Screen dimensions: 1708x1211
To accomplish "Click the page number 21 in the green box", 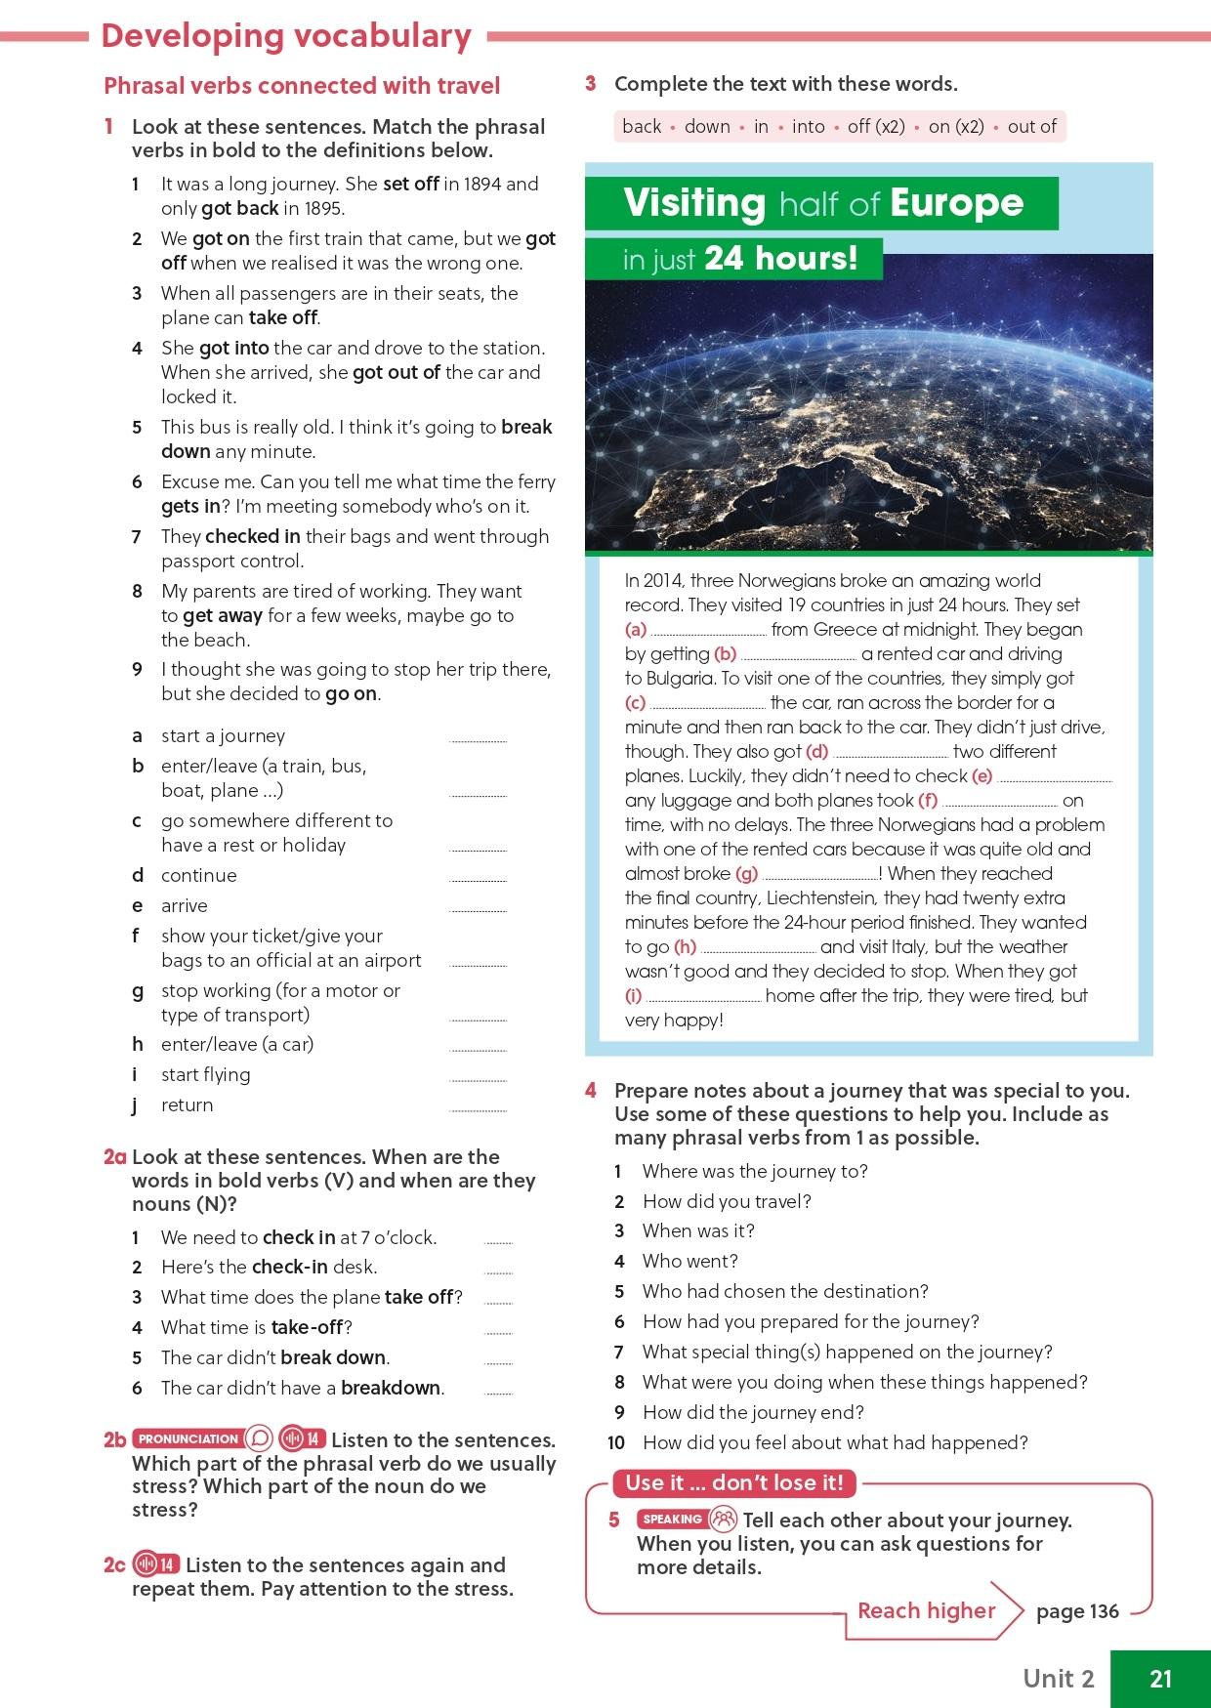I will click(x=1160, y=1678).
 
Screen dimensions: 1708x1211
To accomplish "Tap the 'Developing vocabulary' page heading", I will click(x=286, y=36).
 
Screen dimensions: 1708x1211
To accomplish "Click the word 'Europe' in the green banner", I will click(x=956, y=203).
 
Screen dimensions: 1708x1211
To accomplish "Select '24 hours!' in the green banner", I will click(x=780, y=259).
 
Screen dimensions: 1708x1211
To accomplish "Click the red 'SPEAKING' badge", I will click(x=672, y=1519).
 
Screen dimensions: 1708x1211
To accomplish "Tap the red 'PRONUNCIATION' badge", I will click(x=187, y=1438).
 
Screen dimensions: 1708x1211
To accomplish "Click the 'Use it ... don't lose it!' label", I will click(x=733, y=1482).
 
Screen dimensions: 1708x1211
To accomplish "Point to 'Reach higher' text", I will click(x=926, y=1610).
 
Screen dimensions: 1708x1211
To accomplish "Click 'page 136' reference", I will click(x=1077, y=1611).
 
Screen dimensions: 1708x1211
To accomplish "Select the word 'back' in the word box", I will click(x=642, y=126).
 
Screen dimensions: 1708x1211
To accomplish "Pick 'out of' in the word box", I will click(x=1031, y=126).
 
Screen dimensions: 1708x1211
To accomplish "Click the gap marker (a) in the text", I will click(x=636, y=630).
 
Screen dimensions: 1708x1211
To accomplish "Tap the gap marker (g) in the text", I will click(x=746, y=874).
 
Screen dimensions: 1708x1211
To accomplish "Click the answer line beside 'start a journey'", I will click(x=478, y=740).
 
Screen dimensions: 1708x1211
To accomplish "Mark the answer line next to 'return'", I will click(x=478, y=1109).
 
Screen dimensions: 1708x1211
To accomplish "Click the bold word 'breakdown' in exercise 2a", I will click(x=391, y=1388).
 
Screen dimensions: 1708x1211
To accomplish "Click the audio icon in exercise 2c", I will click(x=155, y=1564).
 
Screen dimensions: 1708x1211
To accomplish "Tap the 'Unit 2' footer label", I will click(x=1058, y=1678).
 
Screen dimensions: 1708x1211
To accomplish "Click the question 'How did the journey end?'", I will click(x=753, y=1412).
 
